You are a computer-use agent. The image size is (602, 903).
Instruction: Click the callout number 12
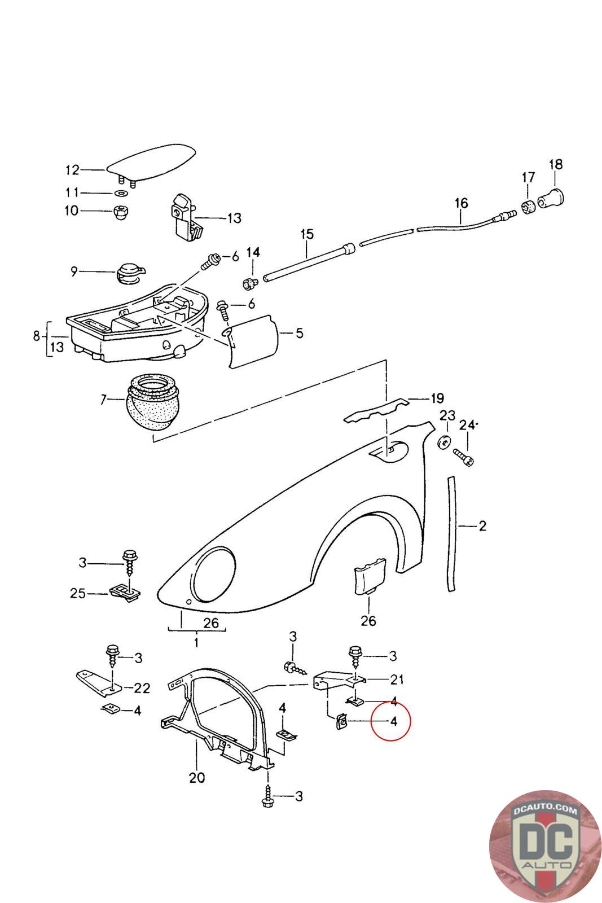(x=73, y=170)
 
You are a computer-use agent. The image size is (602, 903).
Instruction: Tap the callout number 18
(x=555, y=164)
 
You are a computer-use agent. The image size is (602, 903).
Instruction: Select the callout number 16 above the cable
(x=461, y=203)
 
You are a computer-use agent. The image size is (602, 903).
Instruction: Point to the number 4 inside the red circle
(x=393, y=721)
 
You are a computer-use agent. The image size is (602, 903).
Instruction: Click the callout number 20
(x=196, y=778)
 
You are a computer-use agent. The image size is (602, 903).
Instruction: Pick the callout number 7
(x=103, y=400)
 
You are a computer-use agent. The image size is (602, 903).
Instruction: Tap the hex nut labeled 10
(x=120, y=213)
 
